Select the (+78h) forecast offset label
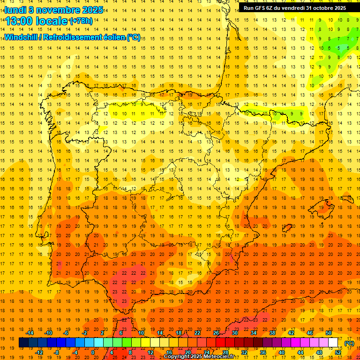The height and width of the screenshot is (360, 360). click(x=81, y=21)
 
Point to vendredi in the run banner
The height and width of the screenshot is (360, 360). click(x=292, y=7)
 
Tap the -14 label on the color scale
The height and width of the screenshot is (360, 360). click(x=30, y=333)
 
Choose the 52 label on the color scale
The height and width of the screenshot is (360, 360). click(x=338, y=352)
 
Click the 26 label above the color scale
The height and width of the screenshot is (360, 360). click(x=216, y=333)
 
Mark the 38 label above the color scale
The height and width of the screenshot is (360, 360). click(x=272, y=333)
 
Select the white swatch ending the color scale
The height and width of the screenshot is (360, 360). click(x=333, y=343)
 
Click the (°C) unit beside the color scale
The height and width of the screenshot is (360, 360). click(x=349, y=343)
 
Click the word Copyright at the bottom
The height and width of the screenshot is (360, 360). click(x=177, y=357)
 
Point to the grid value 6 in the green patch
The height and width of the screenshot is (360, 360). click(x=330, y=48)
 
